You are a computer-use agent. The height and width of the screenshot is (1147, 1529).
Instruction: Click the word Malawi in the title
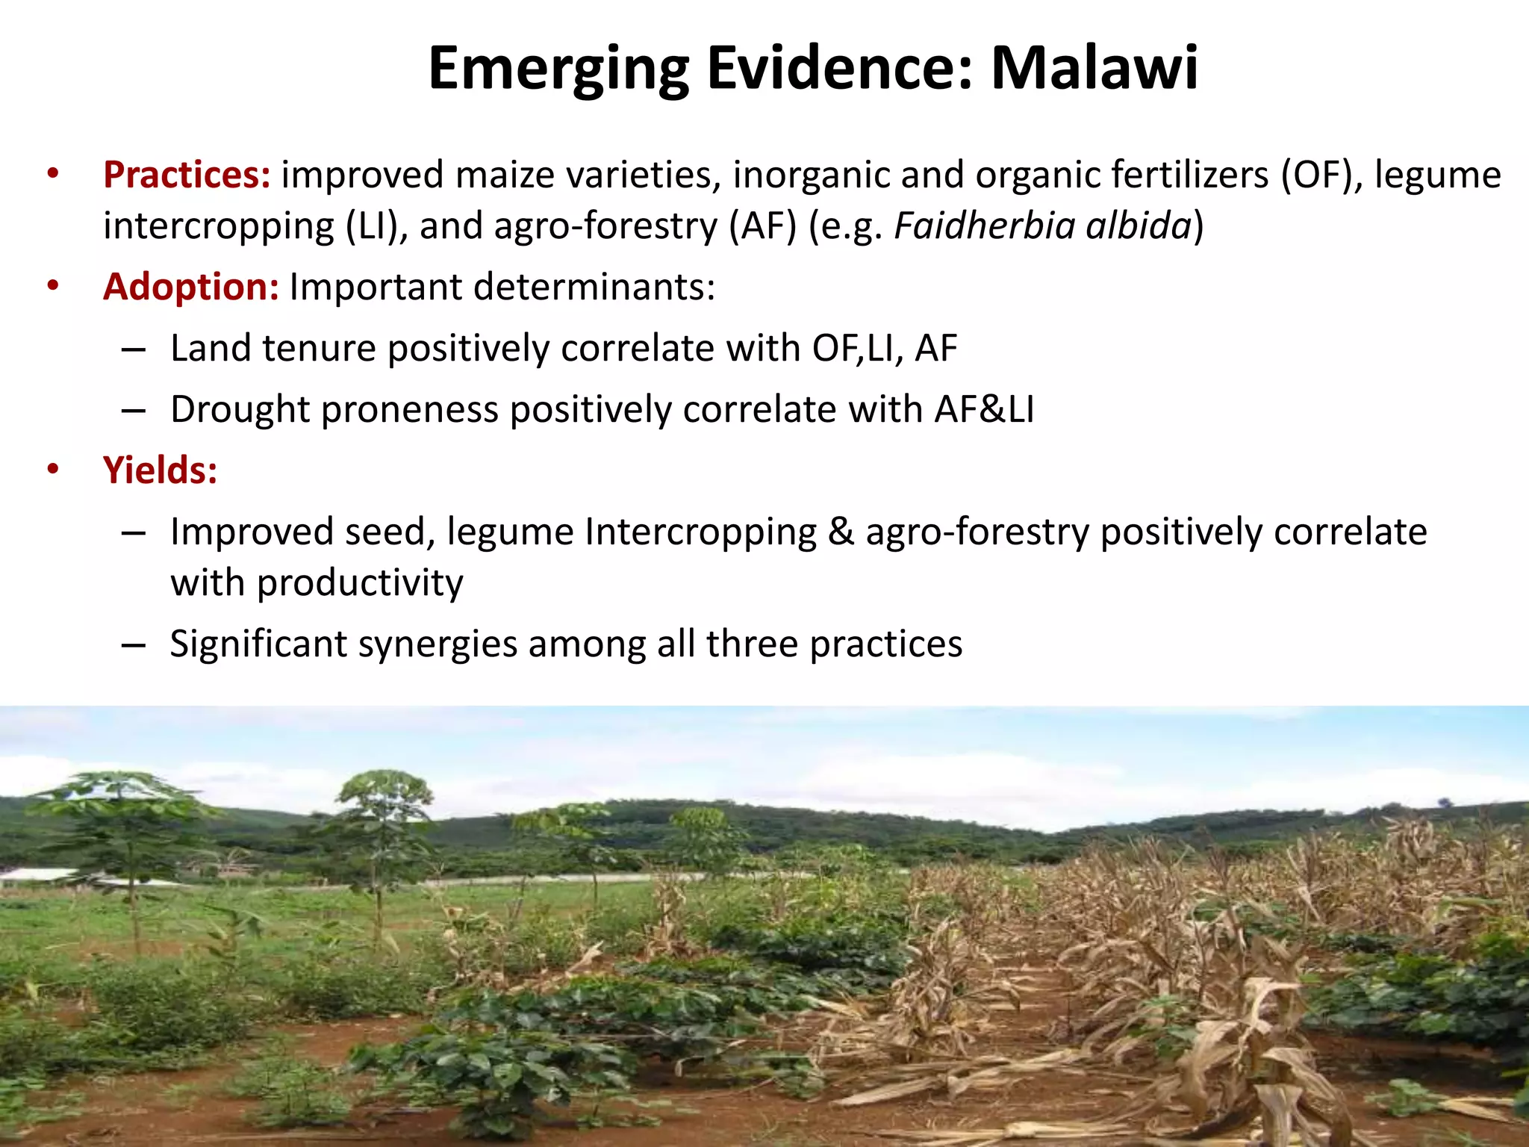tap(1094, 69)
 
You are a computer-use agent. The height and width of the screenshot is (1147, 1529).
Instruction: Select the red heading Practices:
tap(187, 175)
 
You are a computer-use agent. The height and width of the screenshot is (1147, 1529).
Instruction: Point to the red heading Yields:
tap(160, 470)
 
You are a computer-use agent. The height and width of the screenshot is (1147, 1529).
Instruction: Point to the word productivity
tap(360, 582)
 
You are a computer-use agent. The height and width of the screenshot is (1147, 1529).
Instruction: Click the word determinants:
tap(594, 287)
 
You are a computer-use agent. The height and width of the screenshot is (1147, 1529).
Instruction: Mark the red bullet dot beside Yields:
tap(52, 469)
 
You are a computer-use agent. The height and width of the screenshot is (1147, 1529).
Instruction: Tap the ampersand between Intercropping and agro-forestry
tap(841, 532)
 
